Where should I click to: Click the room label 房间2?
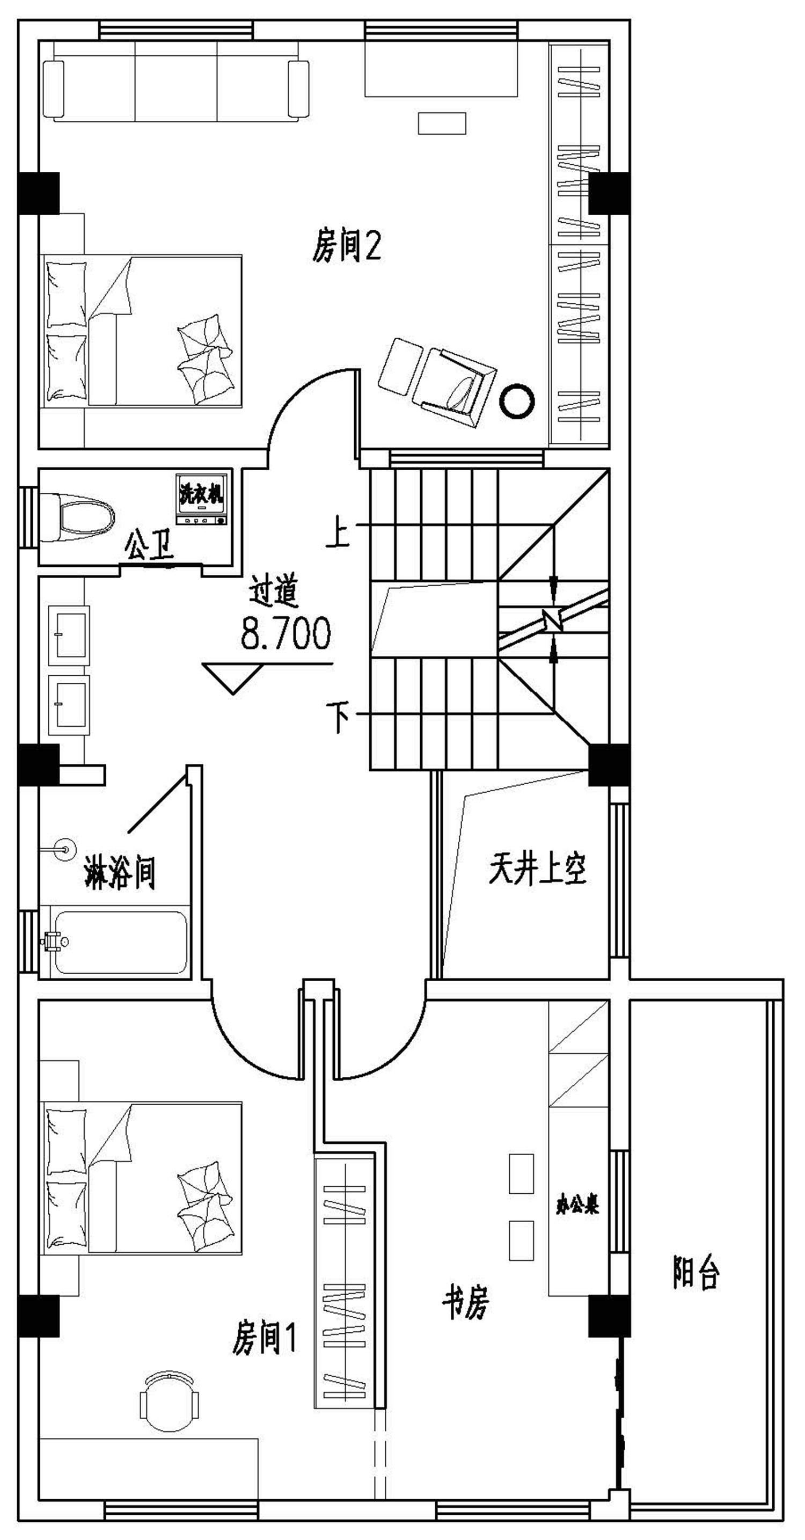346,246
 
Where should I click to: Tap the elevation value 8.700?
285,634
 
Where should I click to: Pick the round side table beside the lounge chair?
517,400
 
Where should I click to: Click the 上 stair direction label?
338,533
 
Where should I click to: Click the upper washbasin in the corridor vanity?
69,635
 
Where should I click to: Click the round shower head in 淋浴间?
64,848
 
